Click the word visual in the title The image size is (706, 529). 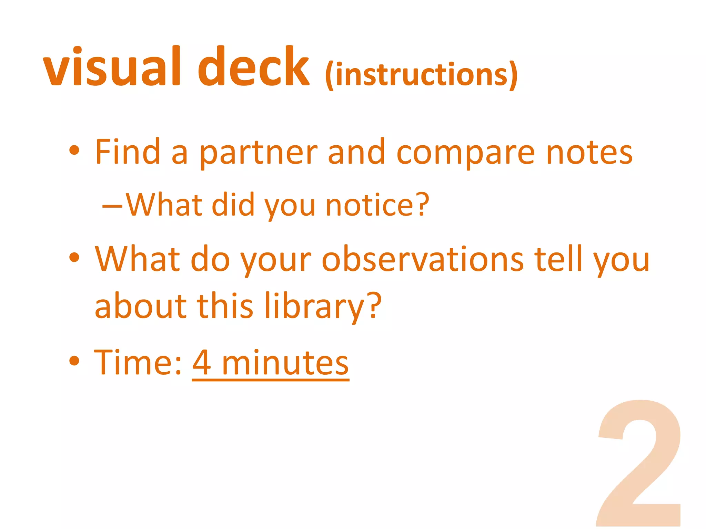(x=112, y=67)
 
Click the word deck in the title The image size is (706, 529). (x=253, y=67)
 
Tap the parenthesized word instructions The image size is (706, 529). (x=421, y=75)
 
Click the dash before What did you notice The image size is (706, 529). (x=112, y=207)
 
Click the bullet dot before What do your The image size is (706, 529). (x=74, y=257)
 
